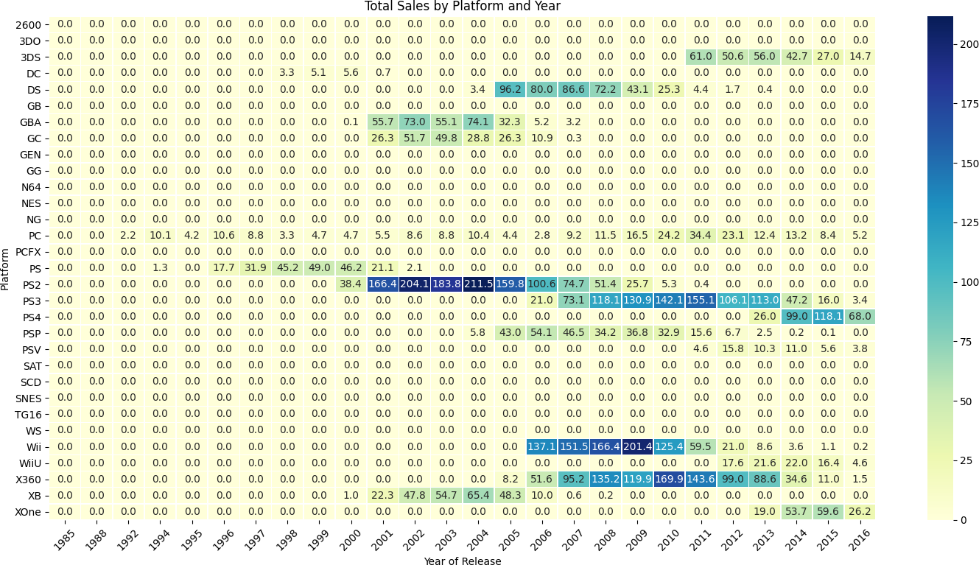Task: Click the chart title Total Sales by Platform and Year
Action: [x=462, y=7]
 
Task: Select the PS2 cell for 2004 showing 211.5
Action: [x=479, y=284]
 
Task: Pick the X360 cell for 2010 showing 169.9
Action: [x=669, y=479]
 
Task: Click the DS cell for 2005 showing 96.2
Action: [x=510, y=90]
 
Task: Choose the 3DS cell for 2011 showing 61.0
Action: [x=701, y=57]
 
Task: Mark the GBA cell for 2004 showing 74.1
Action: [x=479, y=122]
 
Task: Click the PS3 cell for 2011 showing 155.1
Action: [x=701, y=301]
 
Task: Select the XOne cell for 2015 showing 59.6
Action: [x=827, y=511]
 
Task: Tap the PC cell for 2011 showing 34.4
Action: [x=701, y=236]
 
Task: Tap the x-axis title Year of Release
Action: [x=462, y=561]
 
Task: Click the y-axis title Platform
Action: [x=6, y=269]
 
